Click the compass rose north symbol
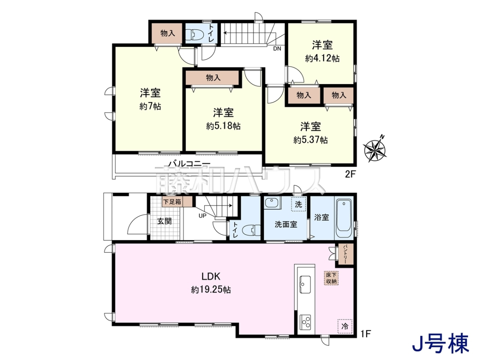tap(375, 149)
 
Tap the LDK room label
tap(211, 276)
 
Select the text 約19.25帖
tap(211, 290)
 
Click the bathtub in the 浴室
tap(344, 218)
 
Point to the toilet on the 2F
tap(194, 35)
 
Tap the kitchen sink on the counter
tap(305, 284)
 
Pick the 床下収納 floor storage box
tap(331, 278)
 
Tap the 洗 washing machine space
tap(298, 204)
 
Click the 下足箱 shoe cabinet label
tap(172, 202)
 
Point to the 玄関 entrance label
tap(164, 221)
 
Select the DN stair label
tap(277, 48)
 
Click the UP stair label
tap(202, 216)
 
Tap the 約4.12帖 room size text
tap(322, 58)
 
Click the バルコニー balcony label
tap(190, 164)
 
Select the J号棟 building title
tap(440, 344)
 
